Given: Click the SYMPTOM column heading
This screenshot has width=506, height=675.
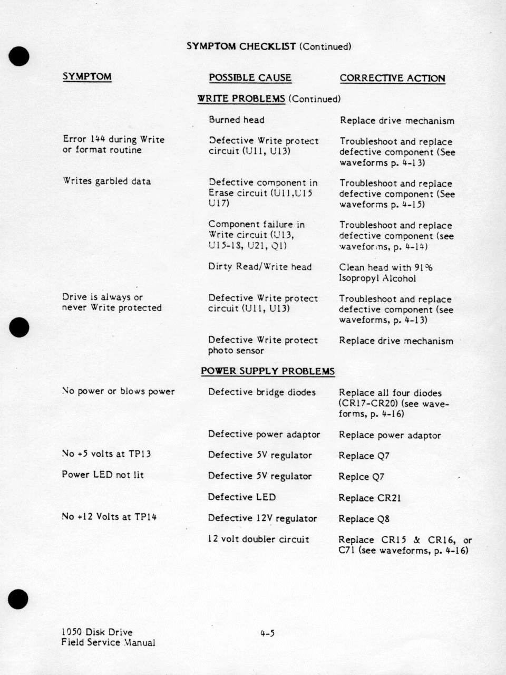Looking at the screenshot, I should (87, 76).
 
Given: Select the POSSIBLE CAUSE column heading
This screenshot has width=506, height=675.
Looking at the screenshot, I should (250, 78).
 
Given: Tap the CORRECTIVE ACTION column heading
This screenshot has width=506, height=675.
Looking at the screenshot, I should (392, 78).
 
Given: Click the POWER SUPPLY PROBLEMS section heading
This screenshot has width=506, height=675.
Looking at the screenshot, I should (267, 371).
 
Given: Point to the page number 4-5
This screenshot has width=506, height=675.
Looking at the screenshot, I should (267, 633).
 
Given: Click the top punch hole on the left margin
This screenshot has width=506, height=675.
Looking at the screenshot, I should (18, 56).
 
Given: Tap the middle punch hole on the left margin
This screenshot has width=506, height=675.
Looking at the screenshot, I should (18, 327).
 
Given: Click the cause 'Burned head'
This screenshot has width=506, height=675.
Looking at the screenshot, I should (236, 120).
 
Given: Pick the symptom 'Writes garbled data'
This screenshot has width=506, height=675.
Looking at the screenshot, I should (106, 181).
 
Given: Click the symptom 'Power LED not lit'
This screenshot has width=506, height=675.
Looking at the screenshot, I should (102, 475).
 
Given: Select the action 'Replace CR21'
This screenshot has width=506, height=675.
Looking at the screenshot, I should (369, 498).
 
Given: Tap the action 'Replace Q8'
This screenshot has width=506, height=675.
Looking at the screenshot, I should (364, 519).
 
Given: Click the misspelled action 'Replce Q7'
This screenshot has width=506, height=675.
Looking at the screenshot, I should (361, 477).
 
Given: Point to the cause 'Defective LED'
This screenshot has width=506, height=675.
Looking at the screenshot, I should (241, 497).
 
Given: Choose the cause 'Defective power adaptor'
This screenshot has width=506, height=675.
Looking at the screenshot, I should (264, 434).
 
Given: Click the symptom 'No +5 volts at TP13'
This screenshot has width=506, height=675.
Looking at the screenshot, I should (106, 454).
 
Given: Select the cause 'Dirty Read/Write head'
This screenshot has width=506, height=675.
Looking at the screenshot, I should (259, 267).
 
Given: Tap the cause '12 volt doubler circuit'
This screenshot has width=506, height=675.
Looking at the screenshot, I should (258, 539).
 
